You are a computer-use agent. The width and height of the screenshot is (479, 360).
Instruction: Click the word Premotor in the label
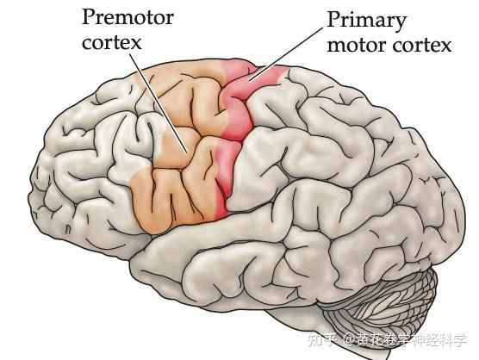coord(128,16)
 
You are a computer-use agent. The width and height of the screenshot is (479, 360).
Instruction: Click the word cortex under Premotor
coord(112,43)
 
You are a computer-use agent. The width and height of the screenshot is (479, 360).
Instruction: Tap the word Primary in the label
coord(367,22)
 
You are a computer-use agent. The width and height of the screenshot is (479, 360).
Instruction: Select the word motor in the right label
coord(357,46)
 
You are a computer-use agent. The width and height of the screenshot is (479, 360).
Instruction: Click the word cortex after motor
coord(422,46)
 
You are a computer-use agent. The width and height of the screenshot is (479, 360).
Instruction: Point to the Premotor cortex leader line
coord(159,103)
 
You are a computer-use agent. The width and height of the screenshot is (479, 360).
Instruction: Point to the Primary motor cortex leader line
coord(286,54)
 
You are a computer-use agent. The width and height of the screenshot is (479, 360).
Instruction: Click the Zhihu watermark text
coord(388,340)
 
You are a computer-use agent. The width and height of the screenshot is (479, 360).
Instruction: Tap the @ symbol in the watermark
coord(348,340)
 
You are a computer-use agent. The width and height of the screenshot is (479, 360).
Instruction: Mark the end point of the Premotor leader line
coord(187,152)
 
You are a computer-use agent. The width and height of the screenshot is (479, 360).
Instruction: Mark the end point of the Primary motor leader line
coord(249,81)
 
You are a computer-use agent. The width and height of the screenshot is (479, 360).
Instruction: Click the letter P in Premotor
coord(88,17)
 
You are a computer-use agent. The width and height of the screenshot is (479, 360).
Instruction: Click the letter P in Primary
coord(333,19)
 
